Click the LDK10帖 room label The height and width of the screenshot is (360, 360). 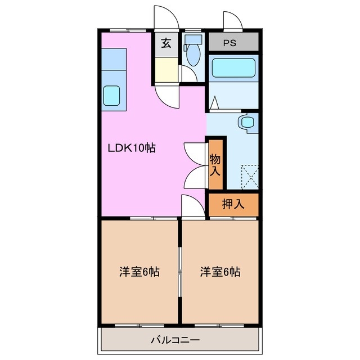(x=132, y=148)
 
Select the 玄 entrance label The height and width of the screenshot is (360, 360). (x=167, y=43)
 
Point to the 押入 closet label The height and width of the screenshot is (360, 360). (x=233, y=204)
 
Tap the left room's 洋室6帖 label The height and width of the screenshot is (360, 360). (x=139, y=272)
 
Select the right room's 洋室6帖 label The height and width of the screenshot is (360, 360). (x=220, y=272)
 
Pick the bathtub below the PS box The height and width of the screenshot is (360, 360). (x=233, y=69)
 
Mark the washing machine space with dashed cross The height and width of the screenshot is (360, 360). (x=248, y=175)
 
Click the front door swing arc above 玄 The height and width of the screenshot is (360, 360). (x=167, y=17)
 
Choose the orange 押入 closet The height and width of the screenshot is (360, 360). (x=233, y=204)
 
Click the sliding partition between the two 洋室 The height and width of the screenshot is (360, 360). (x=180, y=272)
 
